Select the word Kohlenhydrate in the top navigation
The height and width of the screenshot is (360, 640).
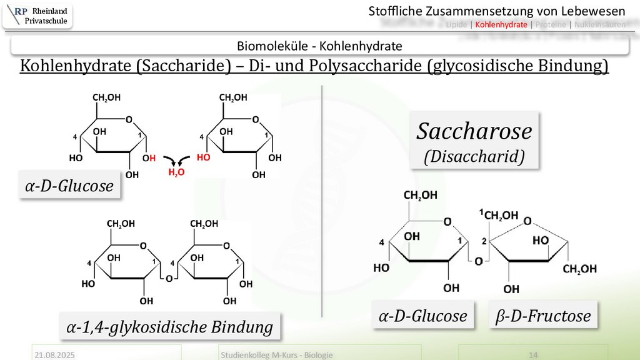(501, 25)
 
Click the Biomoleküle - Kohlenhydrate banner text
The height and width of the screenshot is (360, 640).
(319, 46)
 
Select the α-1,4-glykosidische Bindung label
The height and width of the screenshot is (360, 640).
(170, 327)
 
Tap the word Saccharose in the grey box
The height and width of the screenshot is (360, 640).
(474, 131)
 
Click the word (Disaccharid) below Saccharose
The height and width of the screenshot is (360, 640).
(474, 156)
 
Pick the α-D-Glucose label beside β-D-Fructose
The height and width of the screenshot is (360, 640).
(422, 316)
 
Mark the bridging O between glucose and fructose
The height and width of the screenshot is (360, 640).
(478, 261)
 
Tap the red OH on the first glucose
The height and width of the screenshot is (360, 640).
(149, 158)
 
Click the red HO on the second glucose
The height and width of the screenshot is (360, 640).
(203, 158)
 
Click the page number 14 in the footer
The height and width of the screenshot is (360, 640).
(534, 355)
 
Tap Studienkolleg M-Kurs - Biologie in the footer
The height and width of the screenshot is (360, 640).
(276, 355)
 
